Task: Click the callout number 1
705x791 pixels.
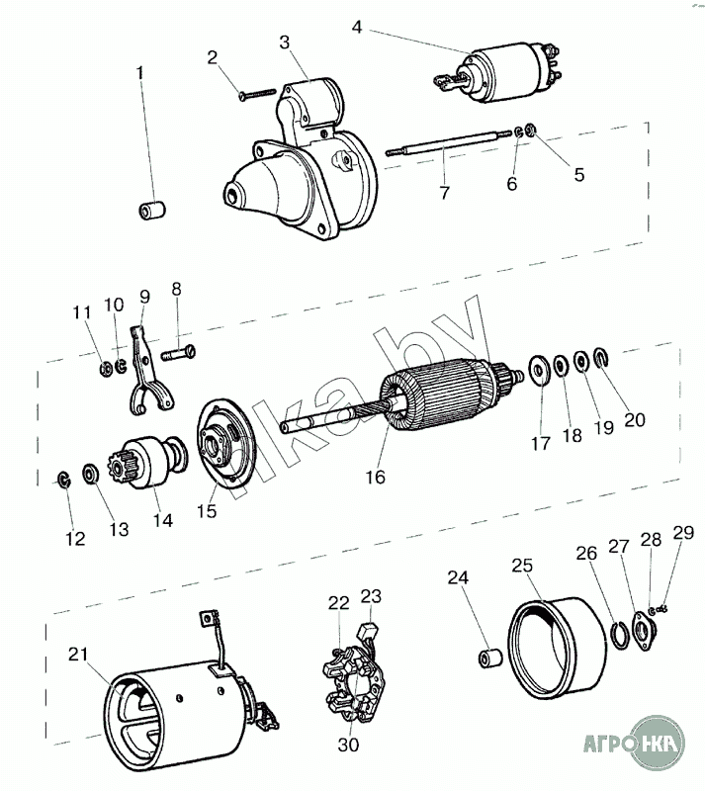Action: pos(139,72)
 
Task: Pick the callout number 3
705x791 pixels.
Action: pos(285,42)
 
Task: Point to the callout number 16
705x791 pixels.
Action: pos(374,477)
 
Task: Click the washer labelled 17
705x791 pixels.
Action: pos(541,370)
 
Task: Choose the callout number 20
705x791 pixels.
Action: pos(634,419)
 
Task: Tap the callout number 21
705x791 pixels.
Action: pos(77,654)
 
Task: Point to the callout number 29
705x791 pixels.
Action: pos(682,533)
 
